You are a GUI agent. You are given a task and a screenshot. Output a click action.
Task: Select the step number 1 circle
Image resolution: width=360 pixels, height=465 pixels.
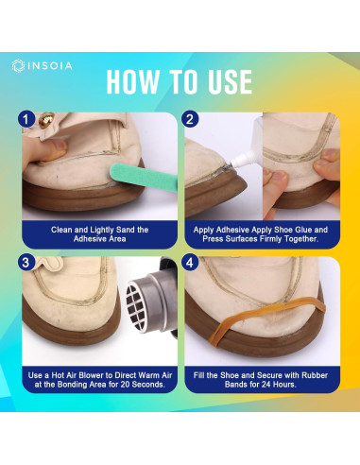coord(26,121)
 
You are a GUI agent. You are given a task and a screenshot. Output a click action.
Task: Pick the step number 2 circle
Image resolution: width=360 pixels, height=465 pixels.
coord(191,121)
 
